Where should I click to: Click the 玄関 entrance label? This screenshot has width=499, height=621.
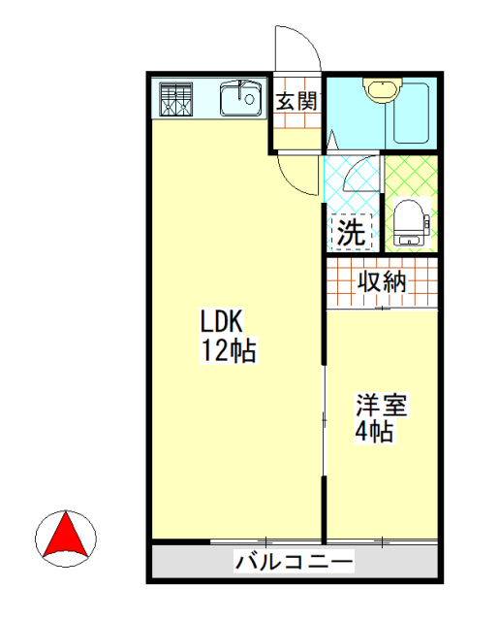296,100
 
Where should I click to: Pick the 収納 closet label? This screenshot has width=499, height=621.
382,282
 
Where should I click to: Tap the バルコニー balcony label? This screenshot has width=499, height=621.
295,561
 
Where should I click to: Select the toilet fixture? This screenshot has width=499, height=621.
410,221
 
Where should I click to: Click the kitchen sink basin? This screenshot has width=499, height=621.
239,99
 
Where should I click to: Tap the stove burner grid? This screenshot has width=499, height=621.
175,99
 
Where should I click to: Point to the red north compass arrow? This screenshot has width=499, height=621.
66,535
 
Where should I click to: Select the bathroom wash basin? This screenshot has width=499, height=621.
379,91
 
